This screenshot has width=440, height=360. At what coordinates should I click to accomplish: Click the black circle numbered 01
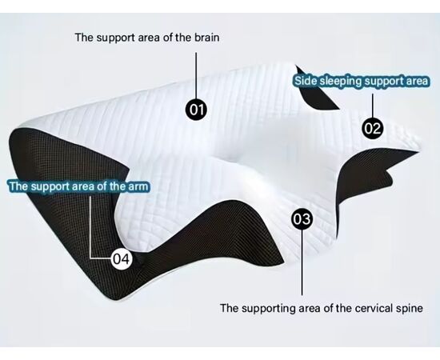click(x=197, y=109)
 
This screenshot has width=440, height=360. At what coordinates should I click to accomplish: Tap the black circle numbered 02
click(x=373, y=128)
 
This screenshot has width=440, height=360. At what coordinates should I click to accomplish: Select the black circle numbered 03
click(x=302, y=219)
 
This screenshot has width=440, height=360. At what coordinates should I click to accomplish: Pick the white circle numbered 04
click(x=122, y=259)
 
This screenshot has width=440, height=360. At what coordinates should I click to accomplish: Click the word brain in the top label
click(x=207, y=38)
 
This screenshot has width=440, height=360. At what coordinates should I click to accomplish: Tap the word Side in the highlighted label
click(x=306, y=81)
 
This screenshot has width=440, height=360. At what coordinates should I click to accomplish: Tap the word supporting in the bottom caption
click(x=268, y=309)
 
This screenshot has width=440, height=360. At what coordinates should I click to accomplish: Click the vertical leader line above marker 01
click(x=196, y=76)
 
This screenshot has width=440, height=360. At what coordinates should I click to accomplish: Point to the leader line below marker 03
click(x=302, y=262)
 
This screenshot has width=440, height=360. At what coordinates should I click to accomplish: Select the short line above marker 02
click(x=373, y=106)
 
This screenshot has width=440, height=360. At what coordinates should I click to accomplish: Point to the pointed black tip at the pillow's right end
click(x=418, y=152)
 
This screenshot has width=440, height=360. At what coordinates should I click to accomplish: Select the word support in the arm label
click(x=50, y=187)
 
